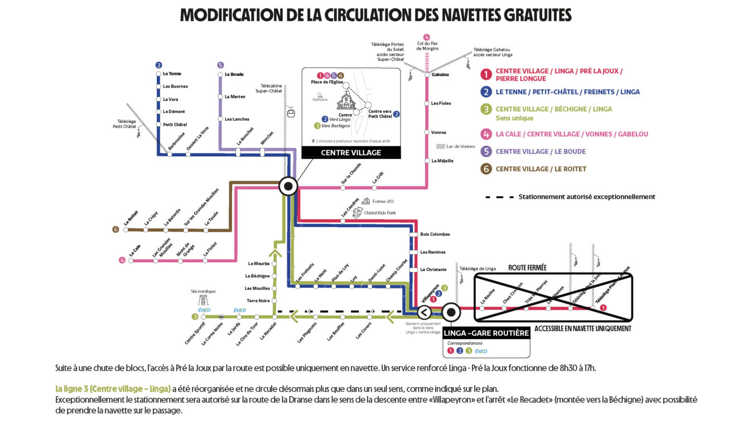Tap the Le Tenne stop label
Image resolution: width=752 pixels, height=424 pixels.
(172, 74)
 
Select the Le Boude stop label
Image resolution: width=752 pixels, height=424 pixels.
(234, 74)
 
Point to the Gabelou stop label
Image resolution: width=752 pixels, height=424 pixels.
(440, 74)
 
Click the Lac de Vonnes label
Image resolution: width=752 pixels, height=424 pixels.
(460, 146)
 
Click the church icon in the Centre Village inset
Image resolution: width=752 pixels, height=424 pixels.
(346, 101)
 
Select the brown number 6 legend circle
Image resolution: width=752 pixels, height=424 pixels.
(486, 169)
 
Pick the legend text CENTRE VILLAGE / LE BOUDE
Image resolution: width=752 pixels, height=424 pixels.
(540, 152)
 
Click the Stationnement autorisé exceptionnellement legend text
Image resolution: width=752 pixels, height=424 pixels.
(586, 197)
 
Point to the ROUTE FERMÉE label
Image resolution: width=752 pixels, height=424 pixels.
(527, 268)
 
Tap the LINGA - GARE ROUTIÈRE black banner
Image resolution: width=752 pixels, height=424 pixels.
(486, 333)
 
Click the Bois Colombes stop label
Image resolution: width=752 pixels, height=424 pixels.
(435, 234)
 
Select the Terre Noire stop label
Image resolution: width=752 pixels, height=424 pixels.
(258, 301)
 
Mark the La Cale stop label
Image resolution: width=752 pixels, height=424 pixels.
(134, 252)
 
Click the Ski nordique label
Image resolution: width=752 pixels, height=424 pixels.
(203, 291)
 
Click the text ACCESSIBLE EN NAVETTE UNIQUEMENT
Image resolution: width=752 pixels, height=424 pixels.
(582, 329)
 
